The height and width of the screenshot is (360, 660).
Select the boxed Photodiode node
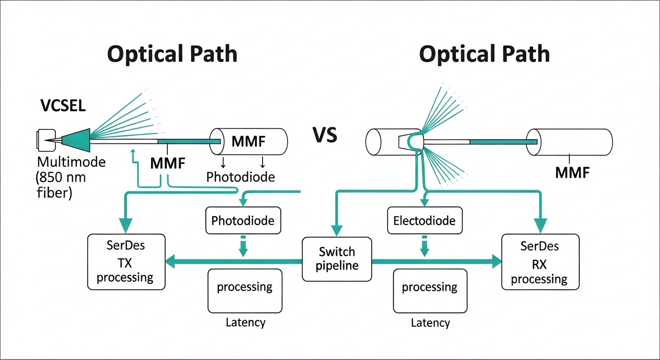click(x=243, y=220)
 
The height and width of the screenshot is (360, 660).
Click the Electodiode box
click(x=425, y=220)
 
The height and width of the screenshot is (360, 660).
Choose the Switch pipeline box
click(x=337, y=259)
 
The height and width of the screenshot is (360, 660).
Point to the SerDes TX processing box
click(x=126, y=262)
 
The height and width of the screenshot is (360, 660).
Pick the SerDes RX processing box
click(x=540, y=262)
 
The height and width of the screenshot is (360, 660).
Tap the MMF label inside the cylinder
click(x=249, y=141)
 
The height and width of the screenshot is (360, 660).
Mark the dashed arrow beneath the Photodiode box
click(x=243, y=247)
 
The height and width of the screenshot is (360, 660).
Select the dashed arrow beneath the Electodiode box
click(x=424, y=247)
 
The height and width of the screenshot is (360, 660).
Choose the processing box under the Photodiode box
click(x=245, y=291)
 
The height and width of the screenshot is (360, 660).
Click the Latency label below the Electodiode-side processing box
click(x=430, y=323)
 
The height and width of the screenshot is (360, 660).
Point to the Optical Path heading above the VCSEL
click(x=172, y=54)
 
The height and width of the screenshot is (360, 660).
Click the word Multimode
click(x=71, y=163)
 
